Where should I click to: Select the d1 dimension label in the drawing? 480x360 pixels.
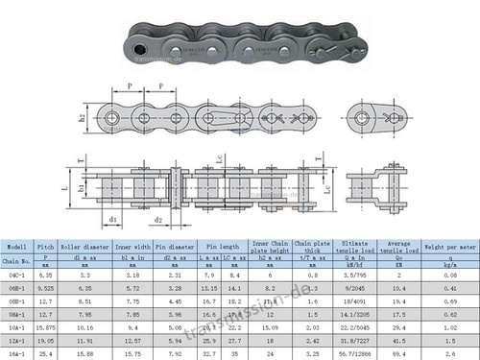112,220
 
